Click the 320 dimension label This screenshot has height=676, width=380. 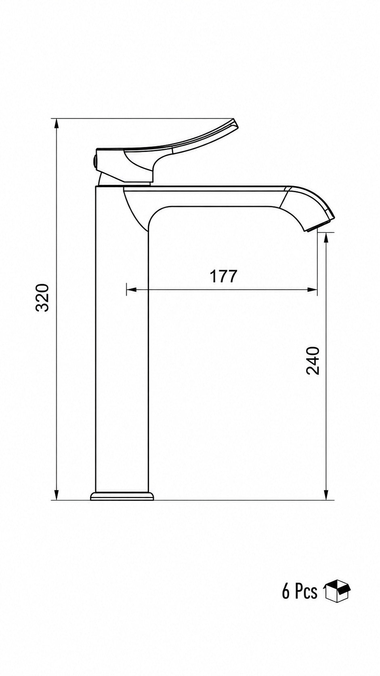point(42,298)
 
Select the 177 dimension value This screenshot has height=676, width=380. point(224,276)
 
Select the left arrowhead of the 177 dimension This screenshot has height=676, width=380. point(132,290)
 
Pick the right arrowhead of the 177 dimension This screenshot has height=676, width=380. point(312,290)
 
